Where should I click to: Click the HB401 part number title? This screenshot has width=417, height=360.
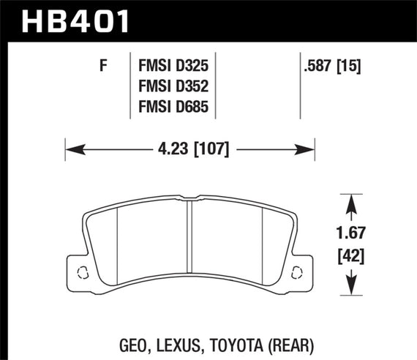point(76,20)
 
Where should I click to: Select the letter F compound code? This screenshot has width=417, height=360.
point(103,66)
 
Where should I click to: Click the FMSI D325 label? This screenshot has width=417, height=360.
point(175,66)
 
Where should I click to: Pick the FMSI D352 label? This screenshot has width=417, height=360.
point(175,87)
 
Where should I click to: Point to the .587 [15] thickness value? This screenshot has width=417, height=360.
point(333,66)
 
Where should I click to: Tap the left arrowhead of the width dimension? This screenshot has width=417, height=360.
point(72,151)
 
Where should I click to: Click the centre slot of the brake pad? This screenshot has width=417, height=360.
point(189,234)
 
